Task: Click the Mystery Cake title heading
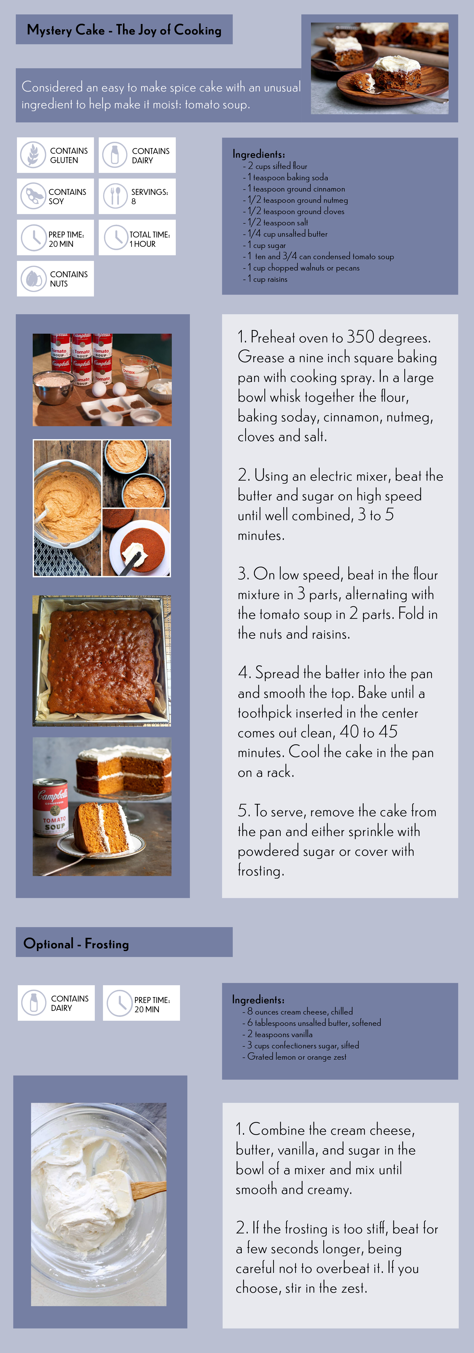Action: [x=124, y=30]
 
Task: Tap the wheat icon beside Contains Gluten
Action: [x=33, y=155]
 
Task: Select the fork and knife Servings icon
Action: [x=115, y=196]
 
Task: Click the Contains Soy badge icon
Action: [x=33, y=196]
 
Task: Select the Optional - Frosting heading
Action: [x=76, y=944]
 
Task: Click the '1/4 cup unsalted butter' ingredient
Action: [x=285, y=234]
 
